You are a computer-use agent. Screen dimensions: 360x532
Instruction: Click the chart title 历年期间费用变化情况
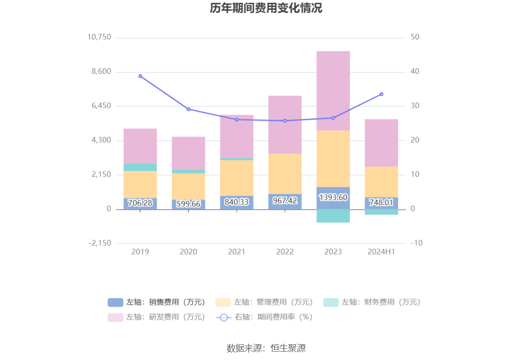(266, 8)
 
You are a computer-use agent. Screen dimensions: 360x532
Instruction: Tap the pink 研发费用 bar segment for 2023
(333, 90)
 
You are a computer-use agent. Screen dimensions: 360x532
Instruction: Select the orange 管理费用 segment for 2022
(285, 174)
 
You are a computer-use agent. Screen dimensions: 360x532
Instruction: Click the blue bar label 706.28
(140, 203)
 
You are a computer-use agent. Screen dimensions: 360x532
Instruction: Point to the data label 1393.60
(333, 198)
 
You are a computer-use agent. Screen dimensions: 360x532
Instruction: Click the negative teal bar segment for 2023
(333, 216)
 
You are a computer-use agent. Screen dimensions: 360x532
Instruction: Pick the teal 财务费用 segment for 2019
(140, 167)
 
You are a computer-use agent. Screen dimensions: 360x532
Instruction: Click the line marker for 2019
(140, 76)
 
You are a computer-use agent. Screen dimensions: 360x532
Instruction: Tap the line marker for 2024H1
(381, 94)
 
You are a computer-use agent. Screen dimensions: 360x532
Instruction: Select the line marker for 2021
(237, 120)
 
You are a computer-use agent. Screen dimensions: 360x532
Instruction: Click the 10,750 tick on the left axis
(99, 37)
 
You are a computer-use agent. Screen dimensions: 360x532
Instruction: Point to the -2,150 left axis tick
(99, 243)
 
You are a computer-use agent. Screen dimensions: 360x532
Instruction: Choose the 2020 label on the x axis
(188, 251)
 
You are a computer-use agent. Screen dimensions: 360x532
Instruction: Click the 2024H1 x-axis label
(381, 251)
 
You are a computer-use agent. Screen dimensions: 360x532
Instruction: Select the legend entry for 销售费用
(157, 302)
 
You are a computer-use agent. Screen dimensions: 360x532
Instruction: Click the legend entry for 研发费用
(157, 317)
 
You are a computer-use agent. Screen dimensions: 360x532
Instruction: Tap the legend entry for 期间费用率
(264, 317)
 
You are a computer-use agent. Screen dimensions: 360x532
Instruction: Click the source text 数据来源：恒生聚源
(266, 348)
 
